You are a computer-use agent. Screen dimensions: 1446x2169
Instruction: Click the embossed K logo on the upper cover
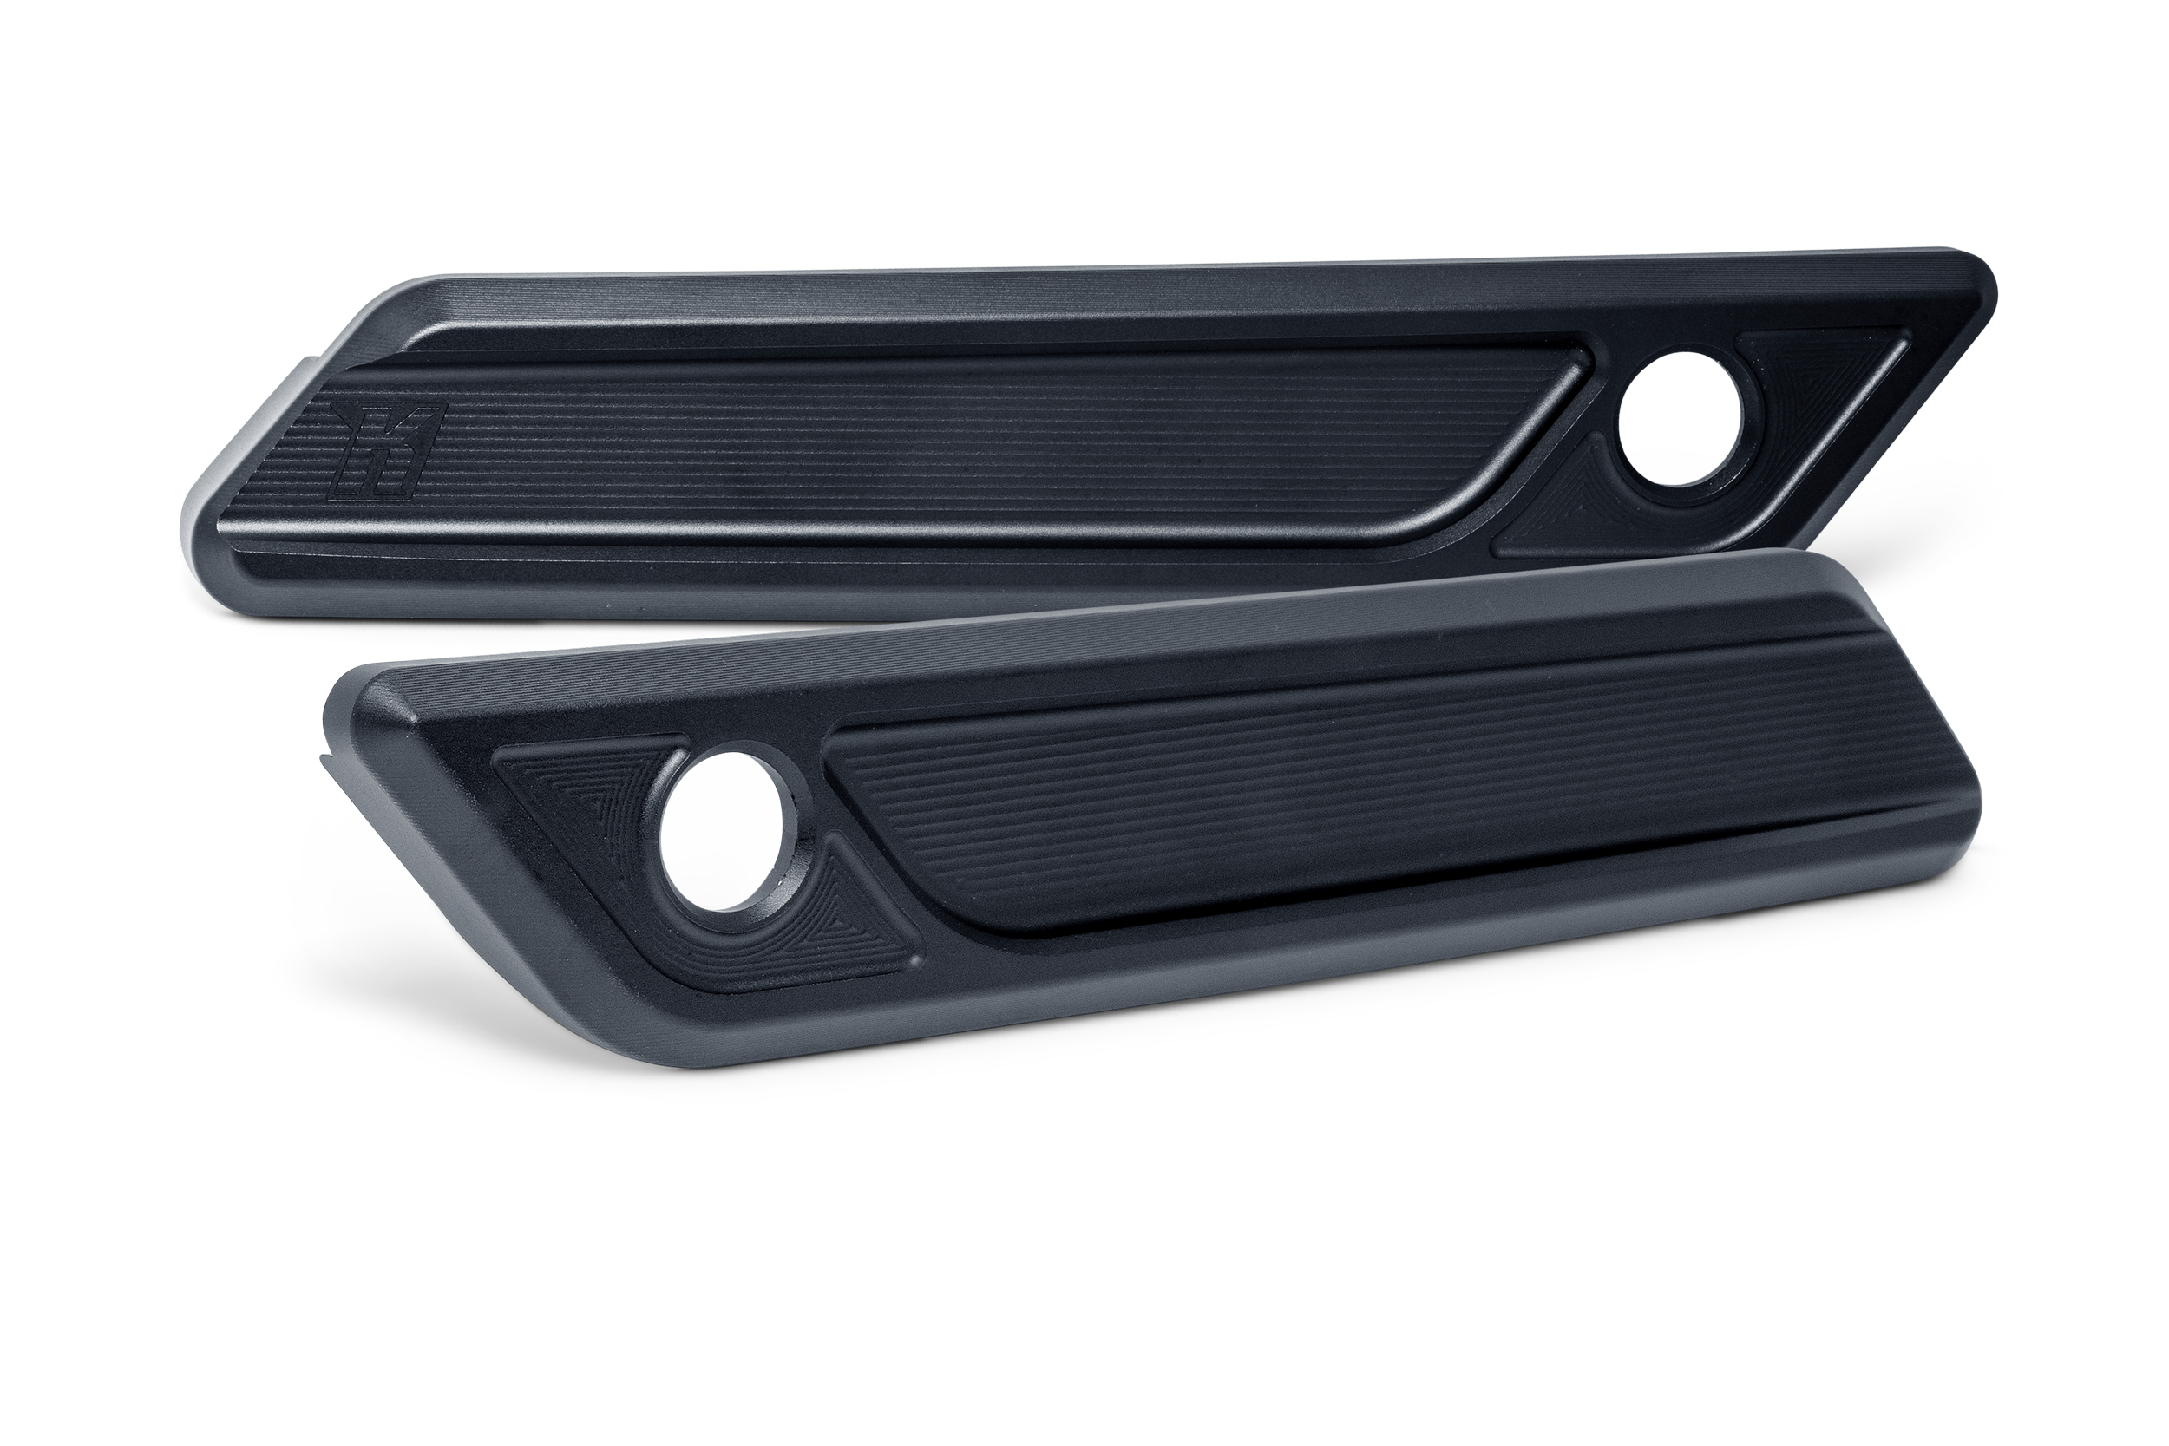pos(388,448)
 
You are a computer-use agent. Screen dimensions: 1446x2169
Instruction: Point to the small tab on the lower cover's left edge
pos(325,761)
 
